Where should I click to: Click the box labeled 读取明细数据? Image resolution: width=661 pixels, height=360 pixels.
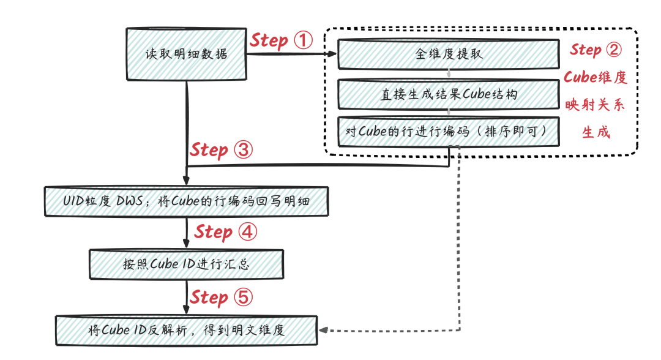186,53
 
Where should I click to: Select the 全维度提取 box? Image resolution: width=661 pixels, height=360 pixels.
449,54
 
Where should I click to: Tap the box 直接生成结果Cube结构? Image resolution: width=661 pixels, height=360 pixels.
449,94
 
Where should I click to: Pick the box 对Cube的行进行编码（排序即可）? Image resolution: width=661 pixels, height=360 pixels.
449,131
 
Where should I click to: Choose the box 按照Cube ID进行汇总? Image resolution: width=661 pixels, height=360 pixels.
187,264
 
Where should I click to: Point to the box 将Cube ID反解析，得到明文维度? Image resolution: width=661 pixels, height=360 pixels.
187,331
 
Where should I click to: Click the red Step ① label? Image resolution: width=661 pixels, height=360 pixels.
281,41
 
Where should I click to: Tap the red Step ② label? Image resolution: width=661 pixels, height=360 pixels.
596,50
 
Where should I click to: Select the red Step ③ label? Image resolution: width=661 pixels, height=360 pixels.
221,150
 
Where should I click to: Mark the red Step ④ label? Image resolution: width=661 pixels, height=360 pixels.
225,232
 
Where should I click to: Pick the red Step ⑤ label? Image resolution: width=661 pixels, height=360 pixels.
220,298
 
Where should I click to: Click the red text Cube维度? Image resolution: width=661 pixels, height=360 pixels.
595,78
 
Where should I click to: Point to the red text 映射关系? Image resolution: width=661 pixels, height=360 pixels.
595,105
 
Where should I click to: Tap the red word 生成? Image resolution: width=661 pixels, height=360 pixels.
596,132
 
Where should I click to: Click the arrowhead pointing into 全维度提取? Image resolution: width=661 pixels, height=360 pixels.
332,54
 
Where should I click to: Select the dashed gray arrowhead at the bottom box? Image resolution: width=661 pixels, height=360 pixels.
324,331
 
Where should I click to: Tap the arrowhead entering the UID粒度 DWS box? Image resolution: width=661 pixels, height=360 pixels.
186,181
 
